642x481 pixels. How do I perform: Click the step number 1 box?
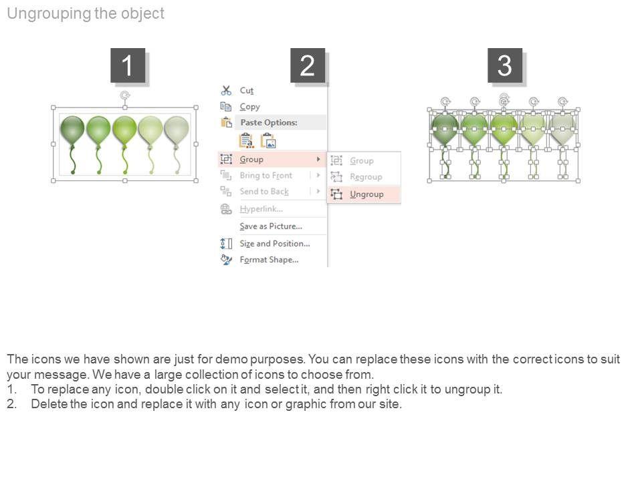coord(128,65)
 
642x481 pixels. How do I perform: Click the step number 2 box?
coord(308,65)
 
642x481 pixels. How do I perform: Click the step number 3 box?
coord(505,65)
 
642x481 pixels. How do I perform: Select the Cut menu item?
coord(247,90)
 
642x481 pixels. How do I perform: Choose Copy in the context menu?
coord(249,107)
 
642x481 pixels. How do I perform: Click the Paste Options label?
coord(269,122)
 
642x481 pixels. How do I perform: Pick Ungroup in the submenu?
coord(366,194)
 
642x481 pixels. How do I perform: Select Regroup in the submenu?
coord(366,176)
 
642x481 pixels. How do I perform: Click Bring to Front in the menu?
coord(265,176)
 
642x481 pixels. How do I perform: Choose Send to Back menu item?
coord(264,192)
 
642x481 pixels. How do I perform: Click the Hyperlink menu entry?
coord(261,209)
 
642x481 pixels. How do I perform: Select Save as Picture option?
coord(271,226)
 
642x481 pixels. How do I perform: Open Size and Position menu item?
coord(274,243)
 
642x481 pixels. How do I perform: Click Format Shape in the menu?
coord(269,260)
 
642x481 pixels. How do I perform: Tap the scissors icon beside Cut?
coord(226,90)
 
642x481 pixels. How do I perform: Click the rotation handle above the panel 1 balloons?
coord(125,96)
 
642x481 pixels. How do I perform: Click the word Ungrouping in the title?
coord(49,13)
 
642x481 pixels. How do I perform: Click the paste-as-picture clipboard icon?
coord(269,141)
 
